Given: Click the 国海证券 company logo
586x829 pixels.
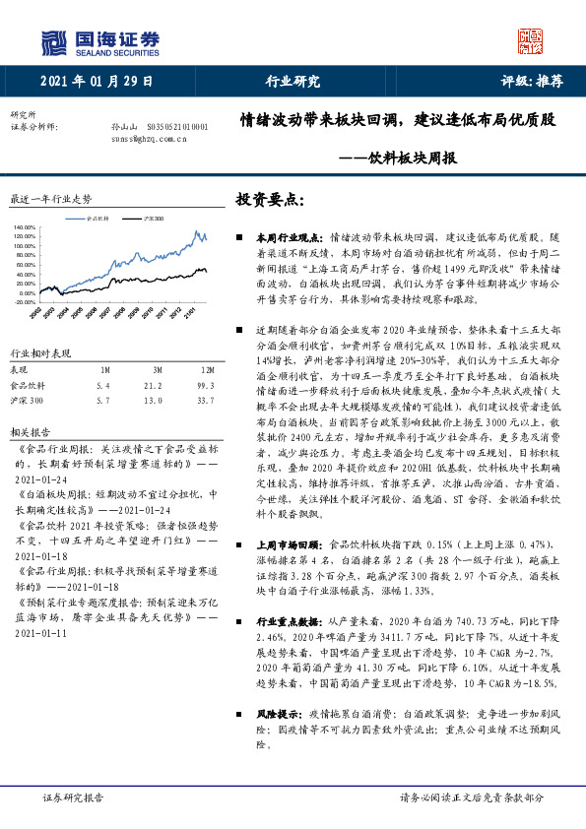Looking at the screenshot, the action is coord(98,41).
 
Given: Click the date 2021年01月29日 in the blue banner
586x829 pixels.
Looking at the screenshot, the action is coord(98,82).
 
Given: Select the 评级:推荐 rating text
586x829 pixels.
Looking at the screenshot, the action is coord(532,82).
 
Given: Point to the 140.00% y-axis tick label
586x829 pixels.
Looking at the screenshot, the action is coord(24,228).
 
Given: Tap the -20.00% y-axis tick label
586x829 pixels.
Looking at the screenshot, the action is coord(24,302).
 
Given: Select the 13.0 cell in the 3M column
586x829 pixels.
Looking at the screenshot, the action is coord(152,400).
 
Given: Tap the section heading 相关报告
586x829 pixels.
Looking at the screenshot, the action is coord(24,431).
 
